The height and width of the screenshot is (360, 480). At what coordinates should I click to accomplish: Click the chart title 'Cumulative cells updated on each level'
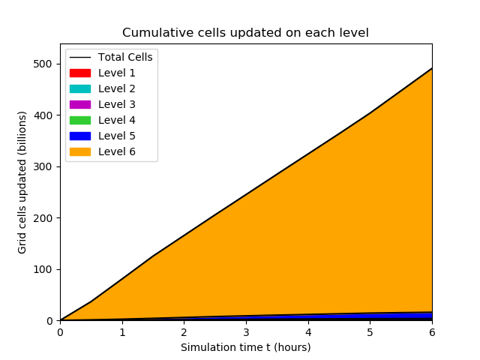pyautogui.click(x=245, y=33)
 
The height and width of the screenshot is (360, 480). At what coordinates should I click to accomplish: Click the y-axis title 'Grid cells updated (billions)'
pyautogui.click(x=22, y=182)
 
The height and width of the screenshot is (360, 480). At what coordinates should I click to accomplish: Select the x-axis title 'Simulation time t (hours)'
pyautogui.click(x=245, y=347)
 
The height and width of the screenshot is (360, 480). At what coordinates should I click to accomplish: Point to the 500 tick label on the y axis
pyautogui.click(x=43, y=64)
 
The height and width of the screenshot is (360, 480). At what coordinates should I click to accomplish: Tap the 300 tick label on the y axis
pyautogui.click(x=43, y=166)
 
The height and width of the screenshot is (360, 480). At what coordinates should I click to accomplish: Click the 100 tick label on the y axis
pyautogui.click(x=43, y=270)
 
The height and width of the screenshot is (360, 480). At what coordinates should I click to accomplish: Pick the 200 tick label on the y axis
pyautogui.click(x=43, y=218)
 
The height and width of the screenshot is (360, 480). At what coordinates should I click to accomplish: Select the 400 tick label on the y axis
pyautogui.click(x=43, y=115)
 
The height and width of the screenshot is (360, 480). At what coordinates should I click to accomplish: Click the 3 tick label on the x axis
pyautogui.click(x=246, y=332)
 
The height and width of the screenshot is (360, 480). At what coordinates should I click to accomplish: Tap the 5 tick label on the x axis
pyautogui.click(x=370, y=332)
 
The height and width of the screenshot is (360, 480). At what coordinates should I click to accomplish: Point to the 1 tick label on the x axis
pyautogui.click(x=122, y=332)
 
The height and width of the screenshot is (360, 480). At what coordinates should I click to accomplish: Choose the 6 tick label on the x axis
pyautogui.click(x=432, y=332)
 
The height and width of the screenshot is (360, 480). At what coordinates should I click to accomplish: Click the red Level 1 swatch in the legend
pyautogui.click(x=80, y=73)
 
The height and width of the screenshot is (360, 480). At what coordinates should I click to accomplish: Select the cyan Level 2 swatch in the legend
pyautogui.click(x=80, y=88)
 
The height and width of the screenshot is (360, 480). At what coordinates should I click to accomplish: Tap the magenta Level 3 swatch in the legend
pyautogui.click(x=80, y=105)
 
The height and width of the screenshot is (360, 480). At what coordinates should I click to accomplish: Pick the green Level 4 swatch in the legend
pyautogui.click(x=80, y=120)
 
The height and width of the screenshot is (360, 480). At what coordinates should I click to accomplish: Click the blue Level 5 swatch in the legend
pyautogui.click(x=80, y=136)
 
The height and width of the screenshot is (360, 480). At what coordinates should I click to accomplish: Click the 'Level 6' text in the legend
pyautogui.click(x=117, y=151)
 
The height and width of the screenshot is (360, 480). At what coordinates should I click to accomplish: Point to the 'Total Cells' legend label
pyautogui.click(x=125, y=57)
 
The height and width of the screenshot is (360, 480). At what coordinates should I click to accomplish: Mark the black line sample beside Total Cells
pyautogui.click(x=80, y=58)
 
